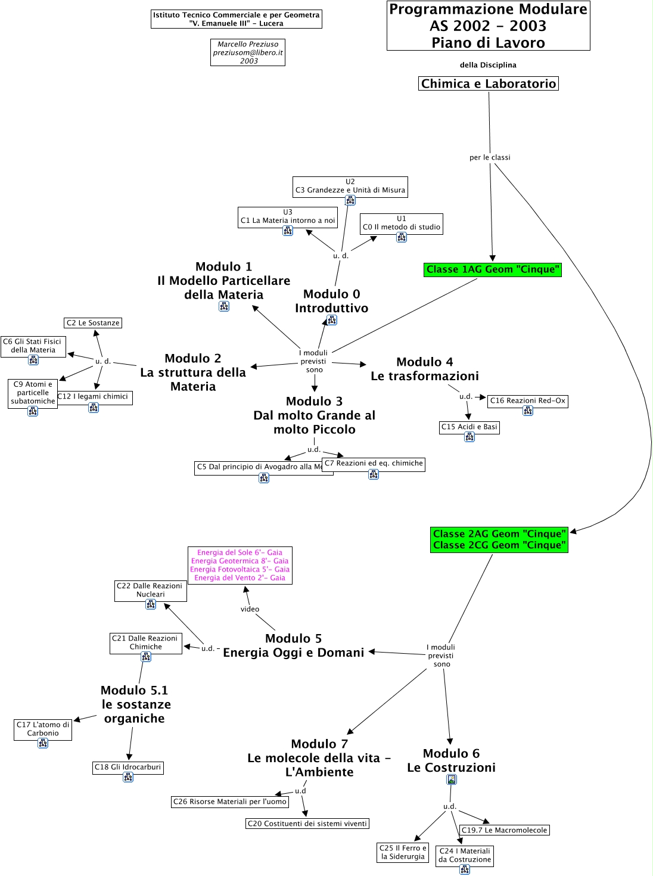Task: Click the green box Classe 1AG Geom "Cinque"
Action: (x=493, y=270)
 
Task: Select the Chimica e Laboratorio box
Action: (x=488, y=84)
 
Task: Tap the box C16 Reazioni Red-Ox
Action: (x=527, y=401)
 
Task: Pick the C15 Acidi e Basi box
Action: (x=469, y=427)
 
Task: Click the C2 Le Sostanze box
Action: (x=93, y=323)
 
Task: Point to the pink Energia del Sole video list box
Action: (x=240, y=566)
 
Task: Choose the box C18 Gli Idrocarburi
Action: (x=128, y=768)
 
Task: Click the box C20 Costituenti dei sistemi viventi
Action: (x=307, y=824)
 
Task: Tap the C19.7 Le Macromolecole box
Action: (x=504, y=830)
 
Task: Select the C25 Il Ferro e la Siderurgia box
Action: (x=403, y=852)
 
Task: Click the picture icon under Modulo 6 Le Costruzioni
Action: (x=452, y=779)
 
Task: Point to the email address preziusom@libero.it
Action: (x=248, y=52)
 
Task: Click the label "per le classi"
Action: (x=490, y=157)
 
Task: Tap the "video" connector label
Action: (x=250, y=609)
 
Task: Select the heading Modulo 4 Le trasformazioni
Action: (x=424, y=369)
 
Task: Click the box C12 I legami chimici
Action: (x=94, y=397)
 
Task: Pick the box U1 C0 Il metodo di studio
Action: (x=402, y=223)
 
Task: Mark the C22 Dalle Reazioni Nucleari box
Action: (x=150, y=591)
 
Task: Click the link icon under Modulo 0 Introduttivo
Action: (x=332, y=320)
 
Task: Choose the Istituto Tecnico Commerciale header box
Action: (x=236, y=19)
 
